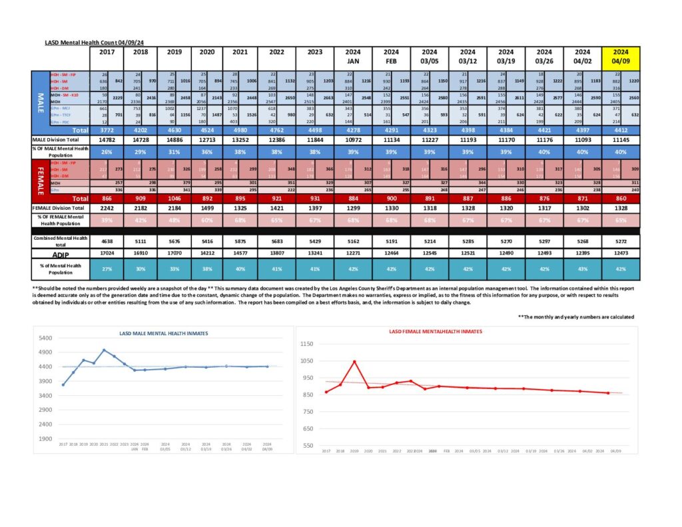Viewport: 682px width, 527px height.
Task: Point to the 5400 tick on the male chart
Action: point(46,338)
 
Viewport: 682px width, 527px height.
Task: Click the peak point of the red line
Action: point(354,362)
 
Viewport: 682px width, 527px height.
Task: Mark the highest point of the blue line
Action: point(104,350)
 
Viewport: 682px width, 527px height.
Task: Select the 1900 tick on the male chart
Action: point(46,438)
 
